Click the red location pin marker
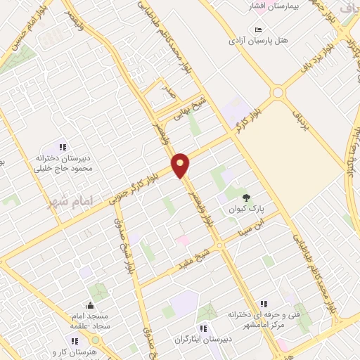[x=181, y=165]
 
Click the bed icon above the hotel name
[x=259, y=29]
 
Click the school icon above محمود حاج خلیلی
[x=62, y=147]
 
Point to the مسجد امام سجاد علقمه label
[x=89, y=323]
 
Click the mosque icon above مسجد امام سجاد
[x=90, y=305]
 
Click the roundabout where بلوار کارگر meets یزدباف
[x=278, y=92]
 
